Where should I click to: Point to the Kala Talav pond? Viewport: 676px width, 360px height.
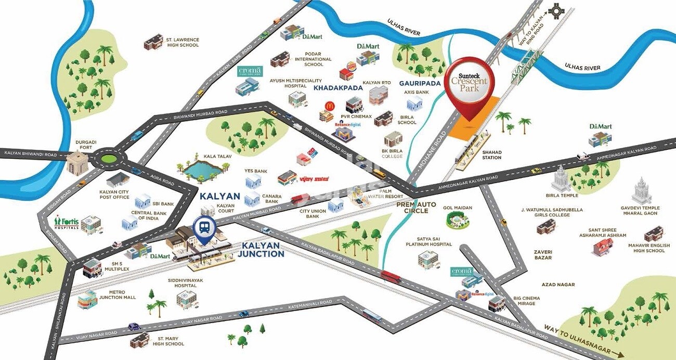pyautogui.click(x=203, y=171)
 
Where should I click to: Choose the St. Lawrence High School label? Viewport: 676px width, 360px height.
pyautogui.click(x=182, y=42)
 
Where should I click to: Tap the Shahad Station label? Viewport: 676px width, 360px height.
pyautogui.click(x=491, y=155)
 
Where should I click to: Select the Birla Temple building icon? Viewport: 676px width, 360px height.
pyautogui.click(x=561, y=179)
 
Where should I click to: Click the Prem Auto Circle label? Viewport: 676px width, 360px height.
pyautogui.click(x=416, y=208)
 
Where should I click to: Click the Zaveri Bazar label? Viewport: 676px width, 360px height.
pyautogui.click(x=543, y=255)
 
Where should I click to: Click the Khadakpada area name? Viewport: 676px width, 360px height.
pyautogui.click(x=337, y=88)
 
